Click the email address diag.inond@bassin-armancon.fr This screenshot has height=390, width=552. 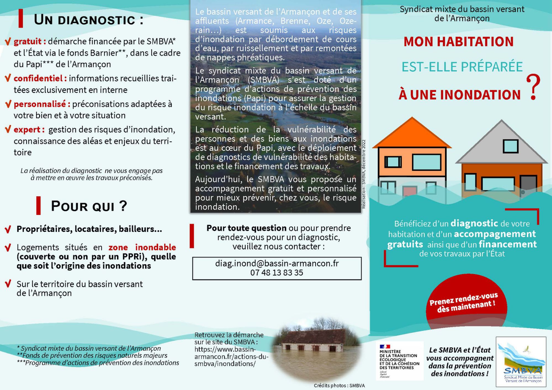(x=277, y=263)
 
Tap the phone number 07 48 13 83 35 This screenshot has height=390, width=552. (x=277, y=273)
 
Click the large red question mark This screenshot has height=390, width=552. (x=533, y=87)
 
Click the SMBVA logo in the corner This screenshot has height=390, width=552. (x=521, y=362)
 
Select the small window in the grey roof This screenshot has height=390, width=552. (x=510, y=146)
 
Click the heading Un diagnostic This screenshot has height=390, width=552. (x=88, y=20)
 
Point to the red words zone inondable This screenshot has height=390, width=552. (x=142, y=247)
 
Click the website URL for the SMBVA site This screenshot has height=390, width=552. (x=231, y=357)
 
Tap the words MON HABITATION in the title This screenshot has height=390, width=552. (x=458, y=42)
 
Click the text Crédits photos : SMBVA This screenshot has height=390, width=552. (x=339, y=386)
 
